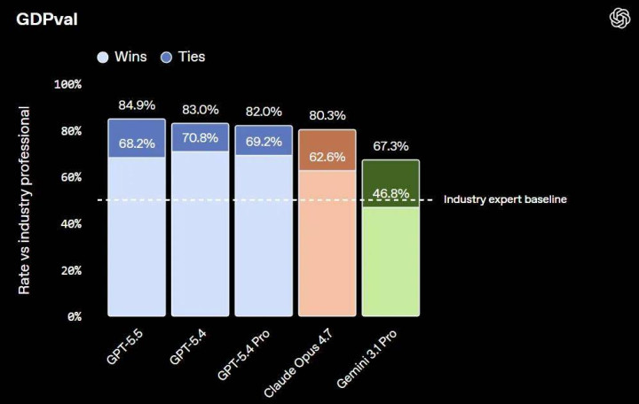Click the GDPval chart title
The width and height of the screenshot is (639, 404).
(47, 19)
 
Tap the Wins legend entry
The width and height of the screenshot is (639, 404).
(122, 57)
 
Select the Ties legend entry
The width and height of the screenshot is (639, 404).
(182, 57)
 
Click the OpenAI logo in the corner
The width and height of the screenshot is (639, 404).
(619, 18)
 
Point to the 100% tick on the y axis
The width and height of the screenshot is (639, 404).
(67, 84)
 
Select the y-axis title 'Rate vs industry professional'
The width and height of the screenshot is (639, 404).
(25, 200)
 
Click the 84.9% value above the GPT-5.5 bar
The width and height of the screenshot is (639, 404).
(137, 106)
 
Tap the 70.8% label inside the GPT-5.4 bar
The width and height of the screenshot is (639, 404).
(200, 138)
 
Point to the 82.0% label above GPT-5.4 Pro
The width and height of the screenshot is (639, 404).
(264, 113)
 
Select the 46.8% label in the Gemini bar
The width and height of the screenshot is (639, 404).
(391, 193)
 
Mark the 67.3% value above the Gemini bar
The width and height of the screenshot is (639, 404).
(391, 146)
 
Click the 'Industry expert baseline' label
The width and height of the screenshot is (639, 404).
(505, 199)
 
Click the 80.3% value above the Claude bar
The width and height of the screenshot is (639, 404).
(327, 116)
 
